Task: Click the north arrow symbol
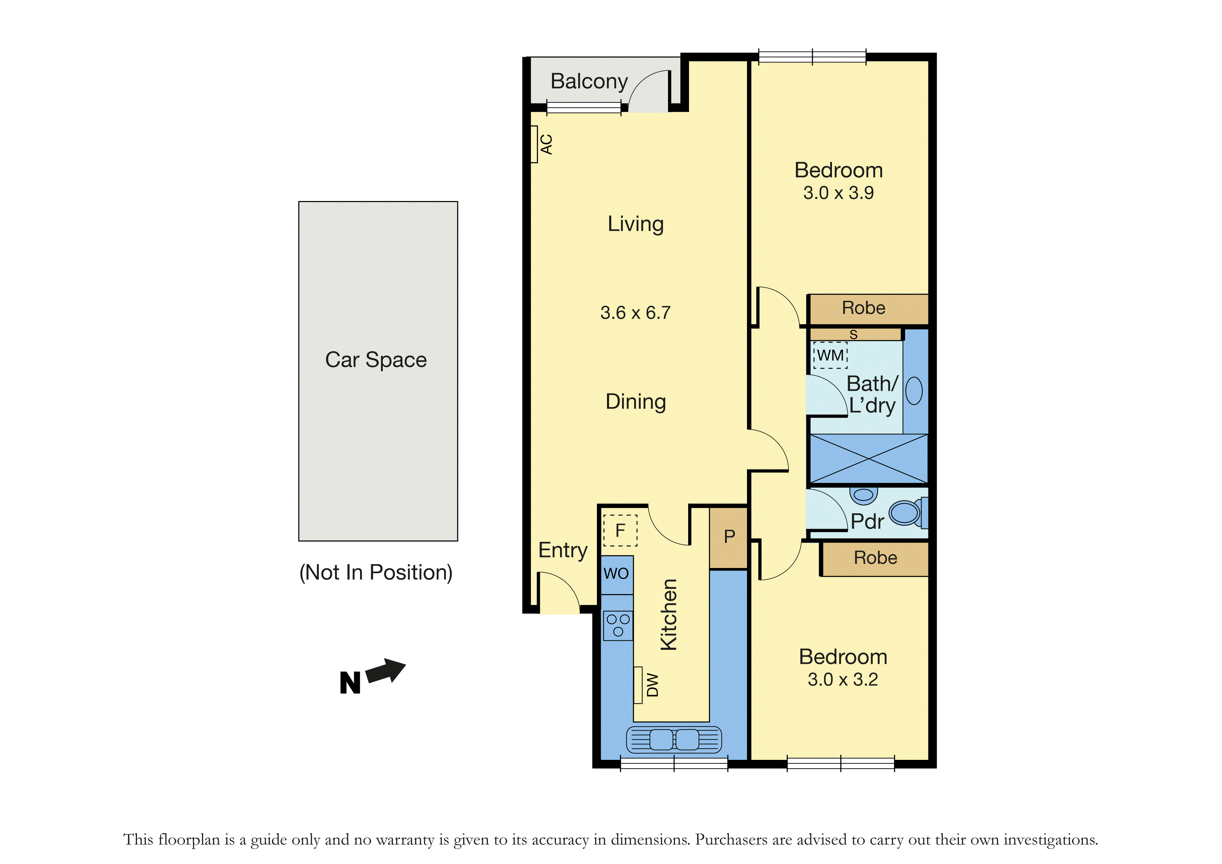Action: coord(387,671)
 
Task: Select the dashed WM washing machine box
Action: coord(830,356)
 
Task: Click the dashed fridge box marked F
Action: coord(620,530)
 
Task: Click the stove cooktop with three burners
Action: coord(618,625)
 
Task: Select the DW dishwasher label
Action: coord(653,685)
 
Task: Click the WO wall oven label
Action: coord(616,573)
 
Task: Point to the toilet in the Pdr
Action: coord(908,512)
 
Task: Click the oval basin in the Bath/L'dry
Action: coord(914,391)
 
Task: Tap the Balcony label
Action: coord(589,81)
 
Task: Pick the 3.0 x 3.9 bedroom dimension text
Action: coord(838,193)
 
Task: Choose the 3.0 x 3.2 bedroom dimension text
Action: coord(842,679)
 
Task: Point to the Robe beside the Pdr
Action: coord(875,558)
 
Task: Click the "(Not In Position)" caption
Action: coord(376,572)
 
